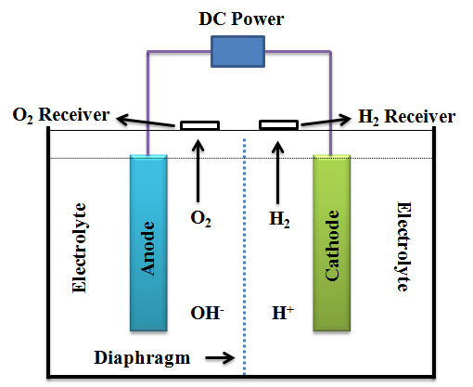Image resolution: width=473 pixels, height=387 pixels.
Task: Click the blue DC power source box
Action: click(x=240, y=51)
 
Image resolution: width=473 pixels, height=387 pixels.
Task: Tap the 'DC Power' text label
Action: click(x=239, y=18)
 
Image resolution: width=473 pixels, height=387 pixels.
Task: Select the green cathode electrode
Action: click(x=334, y=242)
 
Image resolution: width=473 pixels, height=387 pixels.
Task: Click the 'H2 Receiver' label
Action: click(x=406, y=117)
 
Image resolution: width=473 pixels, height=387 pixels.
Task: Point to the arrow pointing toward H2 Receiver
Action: click(x=326, y=120)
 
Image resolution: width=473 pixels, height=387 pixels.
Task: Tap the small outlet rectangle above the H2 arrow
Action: click(x=278, y=124)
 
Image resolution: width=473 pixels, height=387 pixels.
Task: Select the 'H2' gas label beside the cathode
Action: click(x=278, y=220)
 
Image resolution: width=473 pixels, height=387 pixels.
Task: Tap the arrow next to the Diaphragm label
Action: click(x=219, y=355)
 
